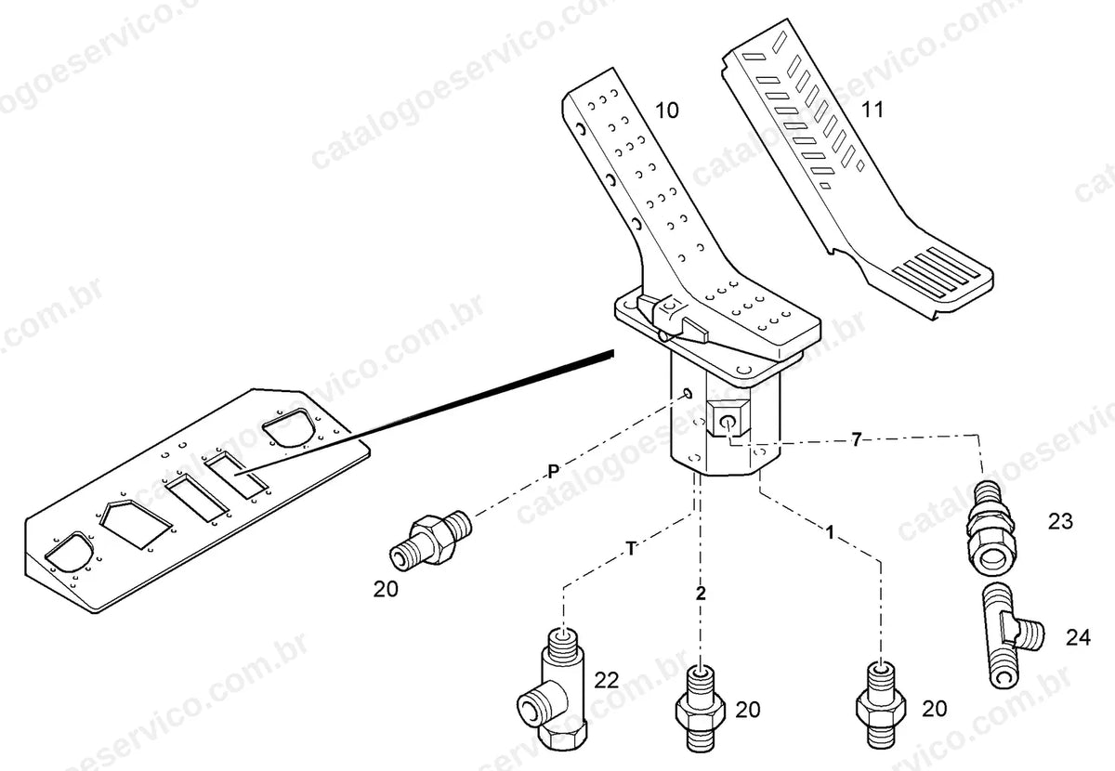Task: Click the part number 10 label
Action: tap(666, 111)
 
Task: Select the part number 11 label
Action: tap(872, 110)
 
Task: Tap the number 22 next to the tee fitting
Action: tap(606, 680)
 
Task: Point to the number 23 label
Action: tap(1060, 522)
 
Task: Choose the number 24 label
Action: tap(1078, 637)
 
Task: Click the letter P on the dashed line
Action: tap(554, 471)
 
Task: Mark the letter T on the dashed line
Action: tap(631, 549)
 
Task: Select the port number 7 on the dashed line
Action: tap(856, 439)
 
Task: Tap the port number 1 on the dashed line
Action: tap(830, 532)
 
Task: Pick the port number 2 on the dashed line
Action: tap(701, 594)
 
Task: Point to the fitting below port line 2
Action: tap(701, 709)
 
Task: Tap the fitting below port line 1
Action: tap(881, 704)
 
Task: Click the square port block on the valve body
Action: tap(728, 418)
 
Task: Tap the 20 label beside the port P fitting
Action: tap(386, 590)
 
